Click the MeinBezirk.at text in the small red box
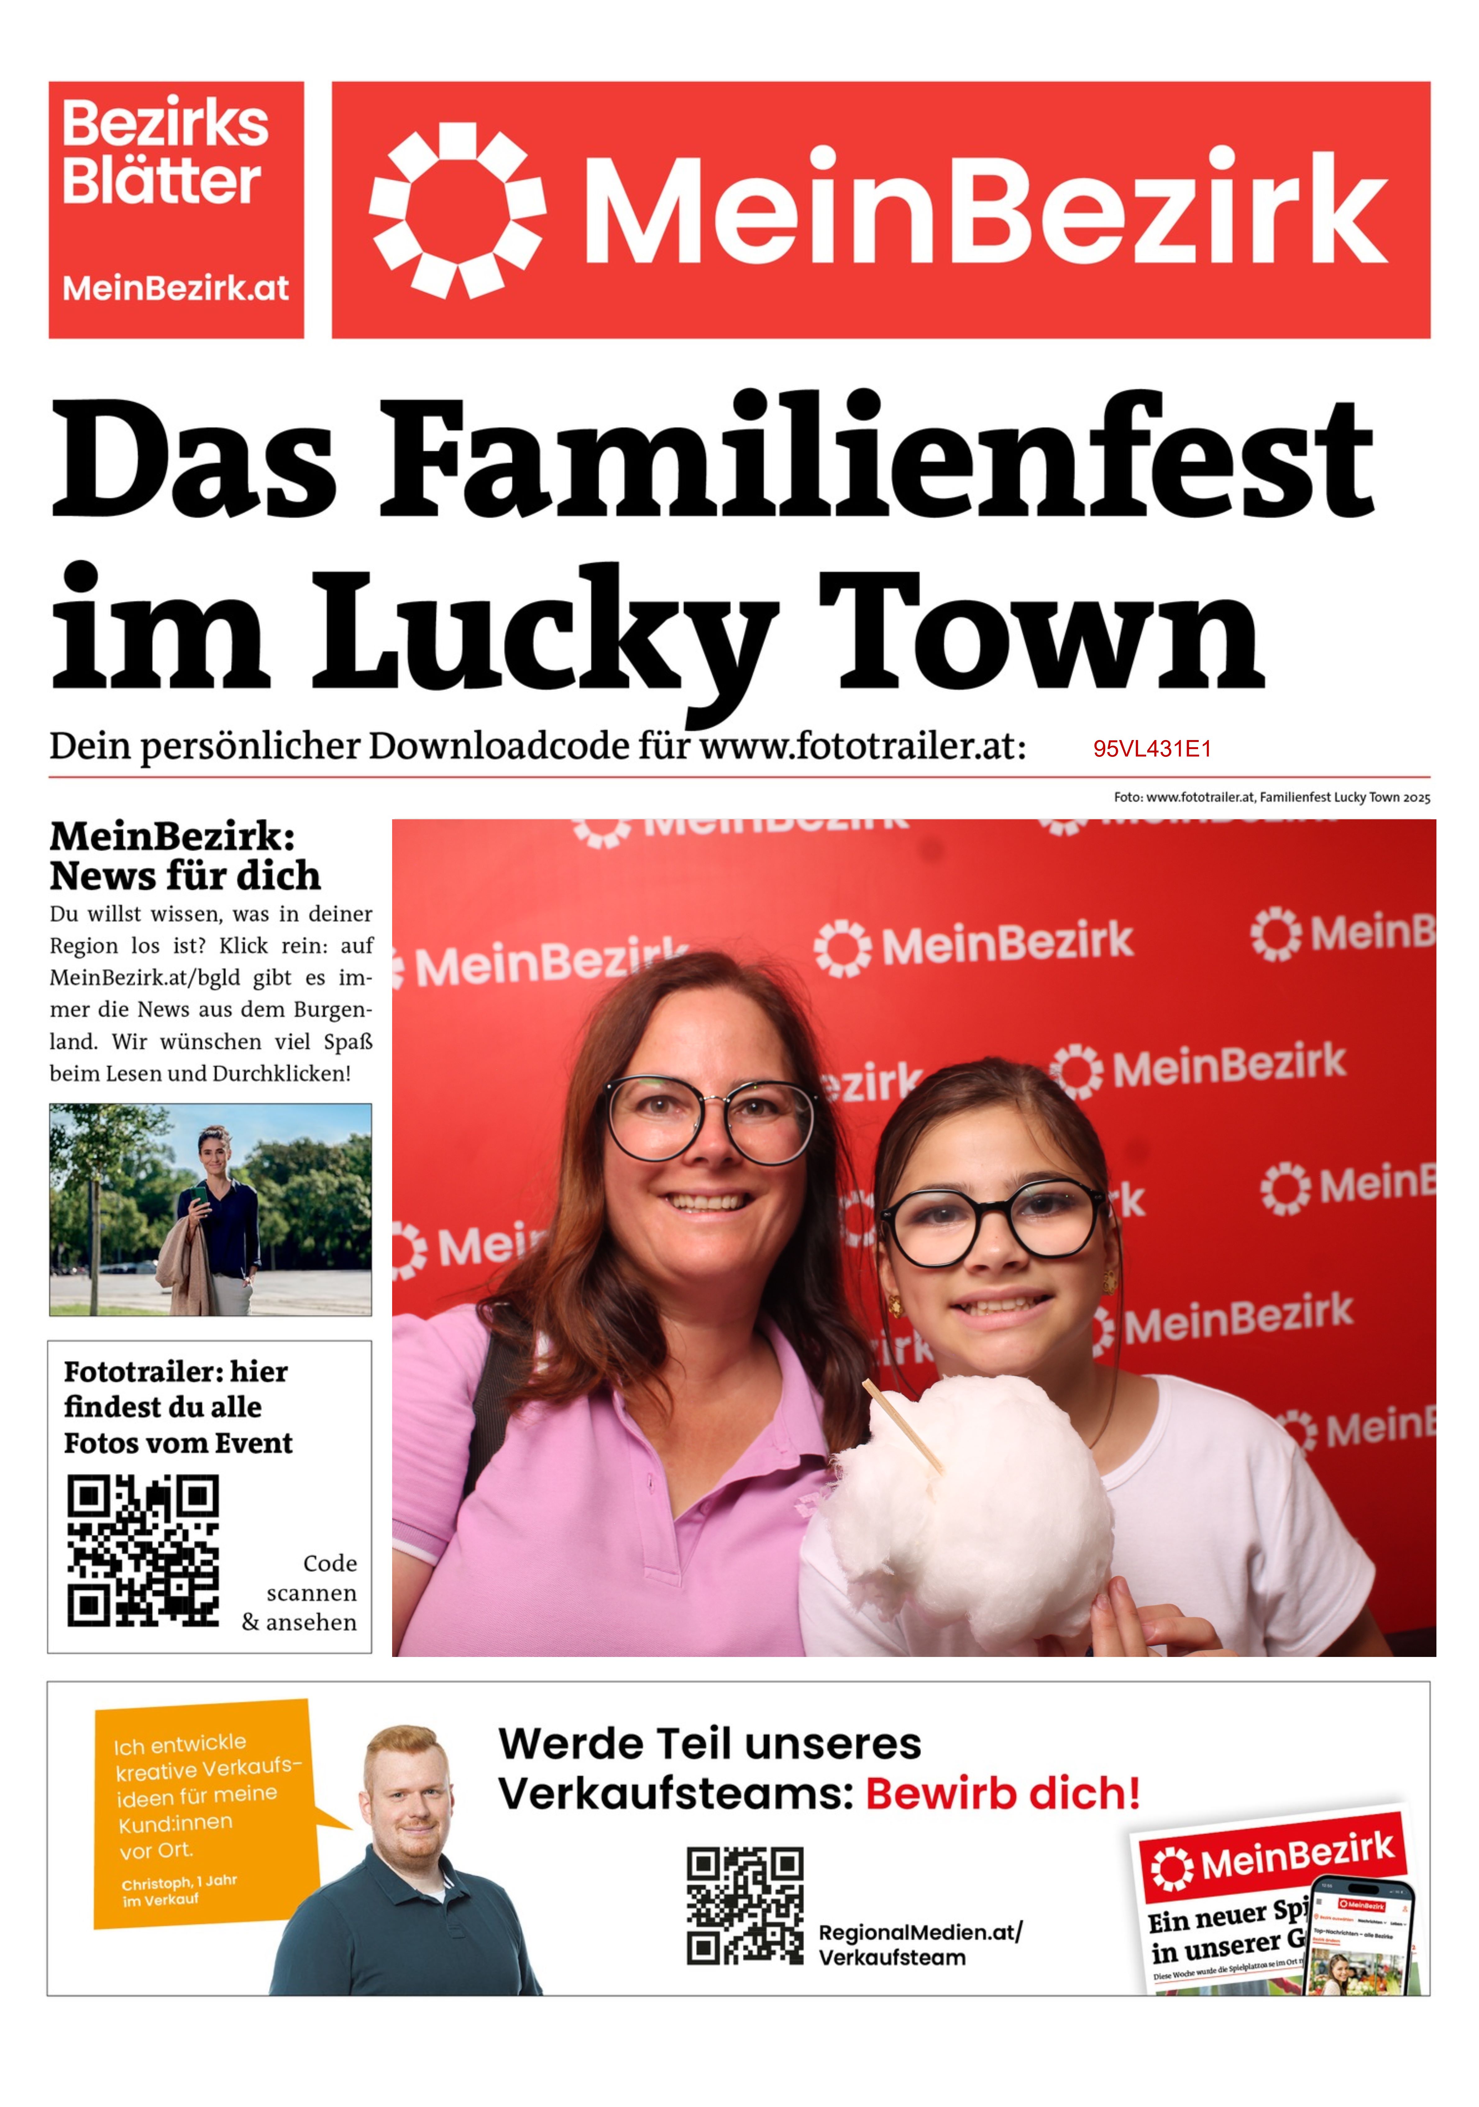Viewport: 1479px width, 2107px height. [x=175, y=288]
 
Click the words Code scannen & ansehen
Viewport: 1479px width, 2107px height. [x=301, y=1593]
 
